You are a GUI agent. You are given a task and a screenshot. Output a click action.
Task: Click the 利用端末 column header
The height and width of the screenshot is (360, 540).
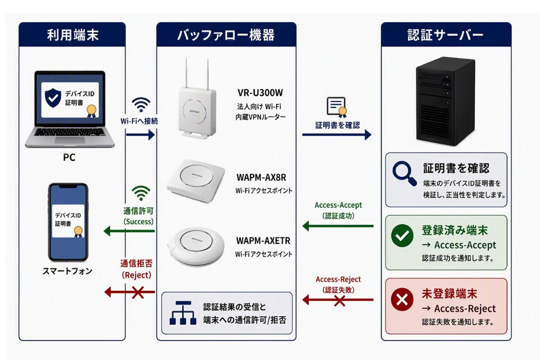[72, 35]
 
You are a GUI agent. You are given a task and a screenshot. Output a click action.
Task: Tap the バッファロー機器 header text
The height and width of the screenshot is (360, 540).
[226, 35]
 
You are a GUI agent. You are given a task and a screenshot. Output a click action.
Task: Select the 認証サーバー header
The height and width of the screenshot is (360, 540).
[445, 35]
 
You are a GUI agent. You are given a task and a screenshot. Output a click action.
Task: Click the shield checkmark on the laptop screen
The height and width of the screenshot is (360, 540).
[53, 98]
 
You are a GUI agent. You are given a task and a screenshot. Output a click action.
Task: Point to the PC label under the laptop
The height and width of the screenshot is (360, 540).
[69, 157]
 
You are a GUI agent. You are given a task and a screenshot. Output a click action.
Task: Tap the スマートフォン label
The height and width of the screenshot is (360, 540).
[67, 271]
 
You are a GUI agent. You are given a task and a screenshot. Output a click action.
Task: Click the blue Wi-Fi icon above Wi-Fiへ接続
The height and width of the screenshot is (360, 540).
[141, 105]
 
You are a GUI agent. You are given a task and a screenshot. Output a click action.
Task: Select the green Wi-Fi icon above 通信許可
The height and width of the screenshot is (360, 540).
[141, 193]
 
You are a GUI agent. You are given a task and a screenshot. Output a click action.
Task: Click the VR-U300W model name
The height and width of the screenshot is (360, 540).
[261, 93]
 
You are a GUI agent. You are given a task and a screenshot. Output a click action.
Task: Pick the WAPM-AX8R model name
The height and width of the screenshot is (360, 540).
[261, 177]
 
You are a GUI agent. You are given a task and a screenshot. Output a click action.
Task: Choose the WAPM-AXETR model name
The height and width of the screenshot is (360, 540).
[263, 241]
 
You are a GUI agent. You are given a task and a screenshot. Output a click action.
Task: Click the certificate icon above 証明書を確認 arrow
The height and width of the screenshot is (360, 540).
[337, 107]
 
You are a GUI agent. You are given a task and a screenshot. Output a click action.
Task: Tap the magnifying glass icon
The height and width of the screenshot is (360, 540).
[405, 173]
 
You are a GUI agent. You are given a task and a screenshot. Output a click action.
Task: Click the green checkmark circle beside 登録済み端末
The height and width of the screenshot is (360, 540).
[402, 236]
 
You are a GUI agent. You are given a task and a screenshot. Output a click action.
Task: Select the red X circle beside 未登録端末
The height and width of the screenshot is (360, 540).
[402, 300]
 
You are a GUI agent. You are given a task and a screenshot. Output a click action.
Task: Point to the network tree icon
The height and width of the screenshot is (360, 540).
[183, 313]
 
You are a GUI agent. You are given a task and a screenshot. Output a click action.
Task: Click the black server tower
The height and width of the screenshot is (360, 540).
[446, 101]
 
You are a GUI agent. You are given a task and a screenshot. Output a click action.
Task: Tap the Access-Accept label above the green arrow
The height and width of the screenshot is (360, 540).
[338, 205]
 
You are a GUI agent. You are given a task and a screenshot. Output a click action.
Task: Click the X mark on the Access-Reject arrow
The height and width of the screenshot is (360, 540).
[339, 301]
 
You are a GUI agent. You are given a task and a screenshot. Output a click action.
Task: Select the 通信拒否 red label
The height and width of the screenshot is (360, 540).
[136, 264]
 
